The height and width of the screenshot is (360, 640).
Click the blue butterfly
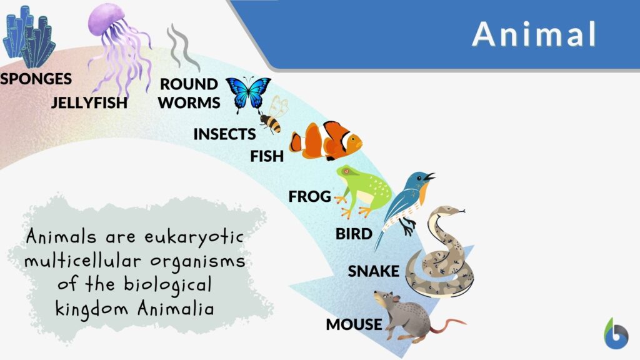247,92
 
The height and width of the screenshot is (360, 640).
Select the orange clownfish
326,141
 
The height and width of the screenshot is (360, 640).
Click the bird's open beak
429,177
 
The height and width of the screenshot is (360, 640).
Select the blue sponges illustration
27,37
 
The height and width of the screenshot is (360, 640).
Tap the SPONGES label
36,79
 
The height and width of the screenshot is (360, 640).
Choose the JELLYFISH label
89,102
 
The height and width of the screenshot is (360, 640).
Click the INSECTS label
224,134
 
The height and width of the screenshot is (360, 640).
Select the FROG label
309,197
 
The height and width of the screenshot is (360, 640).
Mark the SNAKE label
373,271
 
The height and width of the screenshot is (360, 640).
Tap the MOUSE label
353,324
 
